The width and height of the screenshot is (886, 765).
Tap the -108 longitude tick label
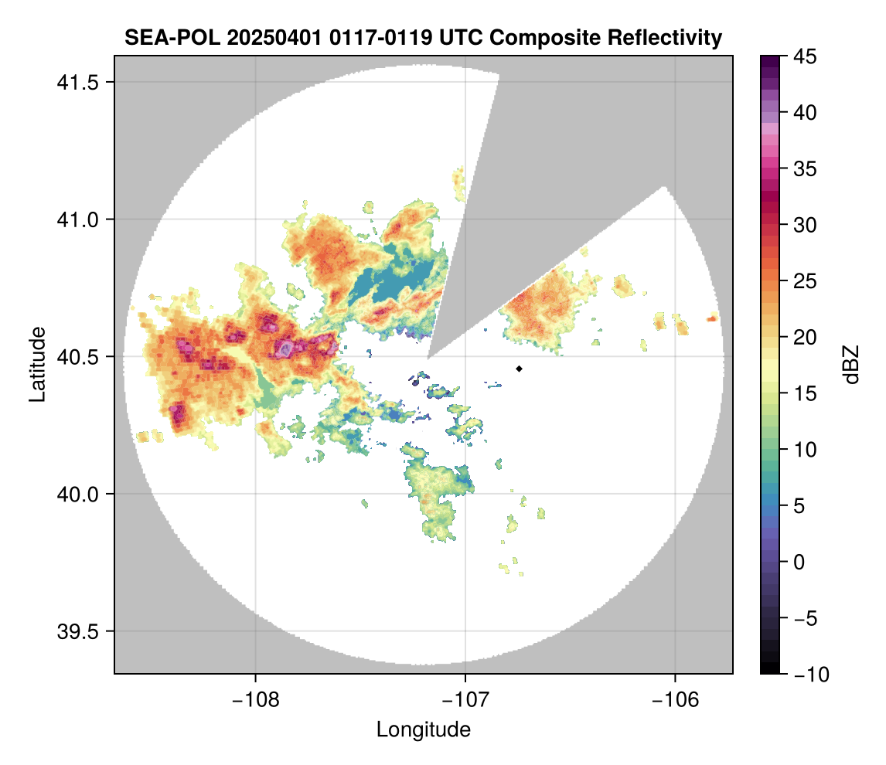click(254, 700)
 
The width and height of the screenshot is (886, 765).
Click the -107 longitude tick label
click(465, 700)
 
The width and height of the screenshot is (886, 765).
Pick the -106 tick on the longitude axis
click(676, 700)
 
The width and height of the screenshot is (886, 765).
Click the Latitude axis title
click(36, 363)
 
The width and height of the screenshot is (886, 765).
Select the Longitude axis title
click(423, 729)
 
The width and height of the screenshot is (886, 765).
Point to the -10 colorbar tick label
click(809, 675)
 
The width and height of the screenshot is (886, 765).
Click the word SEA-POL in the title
click(165, 37)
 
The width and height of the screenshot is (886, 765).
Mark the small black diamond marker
click(520, 369)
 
